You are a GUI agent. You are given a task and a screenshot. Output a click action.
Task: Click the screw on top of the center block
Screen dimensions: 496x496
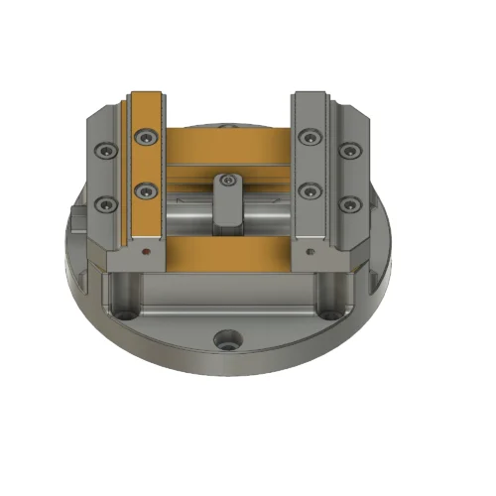(229, 181)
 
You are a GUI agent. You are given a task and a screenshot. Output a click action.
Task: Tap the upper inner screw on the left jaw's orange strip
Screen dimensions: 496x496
(148, 136)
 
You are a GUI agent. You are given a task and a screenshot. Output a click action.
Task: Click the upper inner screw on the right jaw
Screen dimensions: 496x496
(311, 136)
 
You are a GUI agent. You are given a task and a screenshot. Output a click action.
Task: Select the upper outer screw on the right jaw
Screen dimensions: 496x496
(349, 152)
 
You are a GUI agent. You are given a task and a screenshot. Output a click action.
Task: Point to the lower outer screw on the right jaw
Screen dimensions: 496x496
(349, 204)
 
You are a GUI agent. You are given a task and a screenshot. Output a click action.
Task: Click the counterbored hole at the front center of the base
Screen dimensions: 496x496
(227, 339)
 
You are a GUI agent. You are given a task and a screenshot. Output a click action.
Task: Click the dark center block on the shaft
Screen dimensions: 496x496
(229, 203)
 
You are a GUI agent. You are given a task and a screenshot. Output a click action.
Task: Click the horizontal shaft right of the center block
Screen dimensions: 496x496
(270, 210)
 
